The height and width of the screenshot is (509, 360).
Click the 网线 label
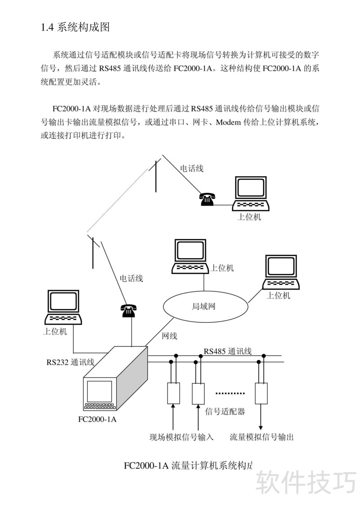[x=169, y=336]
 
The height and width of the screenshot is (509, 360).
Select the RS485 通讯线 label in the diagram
[x=227, y=351]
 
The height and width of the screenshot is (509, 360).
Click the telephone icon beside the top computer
[x=207, y=198]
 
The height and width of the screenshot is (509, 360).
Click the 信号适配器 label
[x=225, y=411]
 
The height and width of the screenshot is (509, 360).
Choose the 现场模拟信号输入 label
[x=181, y=437]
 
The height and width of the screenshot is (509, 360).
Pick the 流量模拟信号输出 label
[x=261, y=437]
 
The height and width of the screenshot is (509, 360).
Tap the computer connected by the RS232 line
[x=63, y=308]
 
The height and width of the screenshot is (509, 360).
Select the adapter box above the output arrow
[x=261, y=393]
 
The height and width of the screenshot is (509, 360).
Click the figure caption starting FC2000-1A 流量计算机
[x=188, y=465]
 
